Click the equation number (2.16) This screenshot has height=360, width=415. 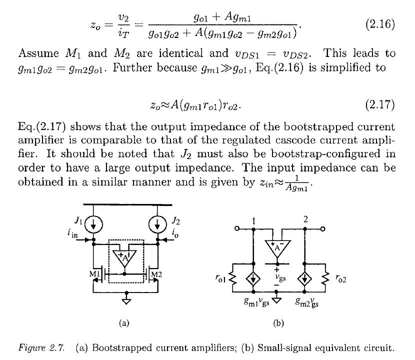point(380,24)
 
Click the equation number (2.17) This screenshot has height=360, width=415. point(380,104)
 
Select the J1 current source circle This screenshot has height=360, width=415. point(93,224)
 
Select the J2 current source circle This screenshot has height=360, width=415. point(157,224)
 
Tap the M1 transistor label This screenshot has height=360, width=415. point(94,274)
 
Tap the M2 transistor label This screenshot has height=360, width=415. point(156,274)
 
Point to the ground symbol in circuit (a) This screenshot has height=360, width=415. point(126,301)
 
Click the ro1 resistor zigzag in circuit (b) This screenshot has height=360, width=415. point(232,278)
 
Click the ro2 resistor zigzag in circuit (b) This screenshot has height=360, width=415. point(325,278)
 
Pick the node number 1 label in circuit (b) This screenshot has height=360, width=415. point(254,221)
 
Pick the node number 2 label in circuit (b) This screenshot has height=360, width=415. point(305,219)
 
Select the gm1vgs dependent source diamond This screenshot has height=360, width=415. point(253,278)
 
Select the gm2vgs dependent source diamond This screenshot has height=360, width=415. point(304,278)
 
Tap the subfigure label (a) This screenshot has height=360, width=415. point(124,323)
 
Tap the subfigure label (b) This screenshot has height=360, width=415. point(278,323)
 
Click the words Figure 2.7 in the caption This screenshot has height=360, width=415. point(41,347)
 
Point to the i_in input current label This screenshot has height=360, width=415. point(72,233)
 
